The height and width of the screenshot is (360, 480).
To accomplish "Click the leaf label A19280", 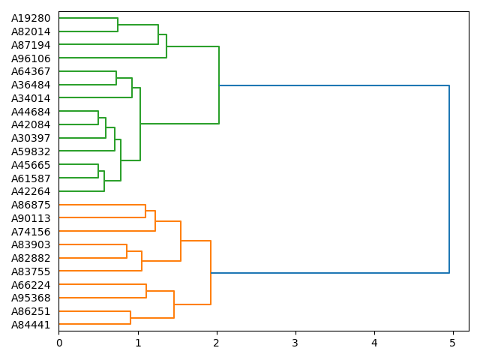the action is (31, 18).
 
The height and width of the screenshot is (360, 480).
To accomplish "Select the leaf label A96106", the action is (31, 58).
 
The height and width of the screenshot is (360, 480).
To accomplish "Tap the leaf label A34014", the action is (31, 98).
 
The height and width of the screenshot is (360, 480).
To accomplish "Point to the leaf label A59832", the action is (31, 151).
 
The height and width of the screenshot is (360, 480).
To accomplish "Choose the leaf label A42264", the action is (31, 191).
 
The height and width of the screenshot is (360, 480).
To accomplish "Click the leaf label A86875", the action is (31, 205).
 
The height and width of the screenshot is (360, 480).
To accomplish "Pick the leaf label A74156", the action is (31, 232).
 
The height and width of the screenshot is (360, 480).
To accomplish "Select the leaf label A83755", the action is (31, 271).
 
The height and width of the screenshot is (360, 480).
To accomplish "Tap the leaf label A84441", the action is (31, 325).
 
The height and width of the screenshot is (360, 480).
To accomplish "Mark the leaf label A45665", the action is (31, 165).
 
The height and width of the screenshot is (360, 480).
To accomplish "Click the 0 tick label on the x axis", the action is (59, 343).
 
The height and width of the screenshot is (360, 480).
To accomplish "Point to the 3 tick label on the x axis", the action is (295, 343).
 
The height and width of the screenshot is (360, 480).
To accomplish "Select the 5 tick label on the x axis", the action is (452, 343).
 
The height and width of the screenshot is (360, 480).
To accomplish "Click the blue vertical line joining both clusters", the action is (449, 179).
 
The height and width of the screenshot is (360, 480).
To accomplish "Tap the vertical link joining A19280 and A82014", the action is (118, 25).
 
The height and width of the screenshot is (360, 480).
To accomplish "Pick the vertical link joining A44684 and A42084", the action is (98, 118).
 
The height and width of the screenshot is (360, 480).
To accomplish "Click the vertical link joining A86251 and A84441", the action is (130, 318).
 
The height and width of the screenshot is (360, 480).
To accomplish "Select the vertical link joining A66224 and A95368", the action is (146, 291).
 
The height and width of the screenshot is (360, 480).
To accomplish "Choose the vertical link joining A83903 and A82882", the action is (127, 251).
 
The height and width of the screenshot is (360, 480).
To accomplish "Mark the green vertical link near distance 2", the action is (219, 85).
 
